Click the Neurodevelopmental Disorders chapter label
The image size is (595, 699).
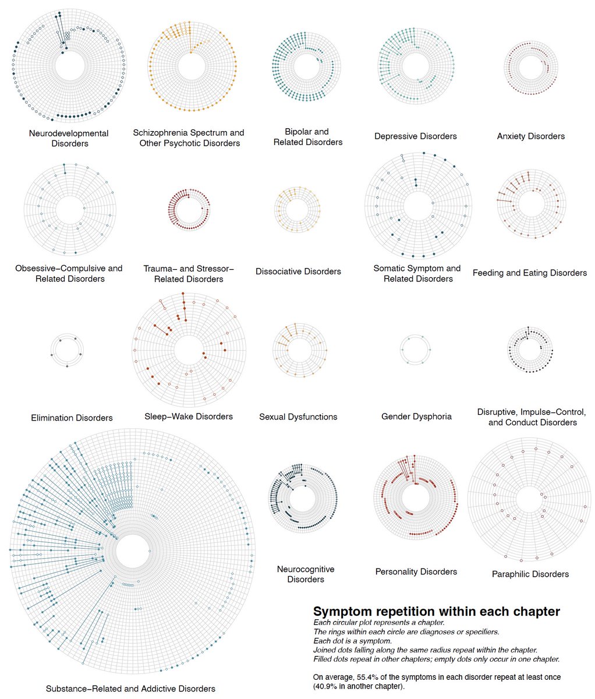coord(69,138)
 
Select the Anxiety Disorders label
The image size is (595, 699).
coord(530,136)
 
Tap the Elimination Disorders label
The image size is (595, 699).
coord(72,418)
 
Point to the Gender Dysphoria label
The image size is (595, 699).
coord(416,416)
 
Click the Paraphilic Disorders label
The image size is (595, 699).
coord(530,574)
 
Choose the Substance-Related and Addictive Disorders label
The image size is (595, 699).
coord(130,689)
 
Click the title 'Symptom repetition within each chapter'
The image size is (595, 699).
coord(436,612)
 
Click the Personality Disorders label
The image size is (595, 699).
coord(416,572)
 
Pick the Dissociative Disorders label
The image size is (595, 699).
coord(298,271)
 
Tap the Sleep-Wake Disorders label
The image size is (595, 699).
coord(189,416)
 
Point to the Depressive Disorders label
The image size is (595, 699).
coord(416,136)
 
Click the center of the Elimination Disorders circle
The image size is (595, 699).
coord(66,351)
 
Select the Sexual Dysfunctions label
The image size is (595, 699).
coord(298,417)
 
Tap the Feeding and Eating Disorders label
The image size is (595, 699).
coord(530,273)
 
